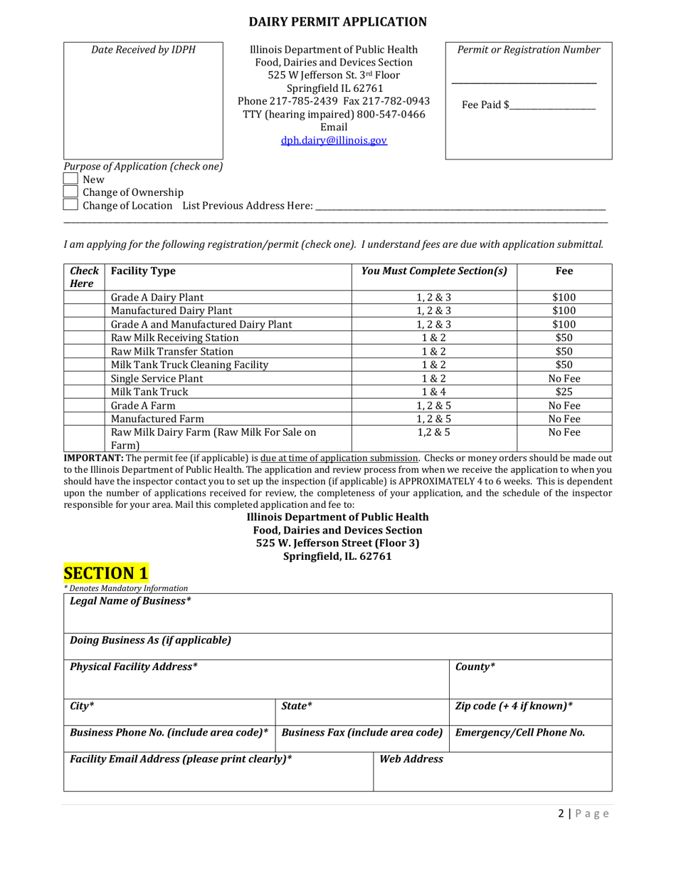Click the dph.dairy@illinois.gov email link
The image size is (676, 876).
pos(334,140)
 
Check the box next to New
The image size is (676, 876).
pos(70,179)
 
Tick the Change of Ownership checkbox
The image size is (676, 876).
pos(70,192)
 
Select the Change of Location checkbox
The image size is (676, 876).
pos(70,205)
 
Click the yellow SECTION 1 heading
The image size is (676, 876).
pos(106,573)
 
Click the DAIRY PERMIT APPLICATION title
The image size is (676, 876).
pos(338,22)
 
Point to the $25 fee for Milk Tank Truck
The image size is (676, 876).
pos(564,392)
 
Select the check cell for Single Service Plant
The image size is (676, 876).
pos(84,378)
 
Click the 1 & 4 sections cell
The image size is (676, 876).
pos(433,392)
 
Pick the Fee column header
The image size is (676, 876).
pos(564,271)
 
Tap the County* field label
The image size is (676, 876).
pos(475,667)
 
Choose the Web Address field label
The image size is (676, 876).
pos(411,759)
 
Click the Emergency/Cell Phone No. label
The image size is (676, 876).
pos(519,732)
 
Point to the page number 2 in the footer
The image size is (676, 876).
pos(561,814)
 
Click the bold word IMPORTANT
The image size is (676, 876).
pos(93,458)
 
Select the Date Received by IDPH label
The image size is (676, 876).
pos(143,50)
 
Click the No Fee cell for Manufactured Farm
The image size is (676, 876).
pos(564,419)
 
